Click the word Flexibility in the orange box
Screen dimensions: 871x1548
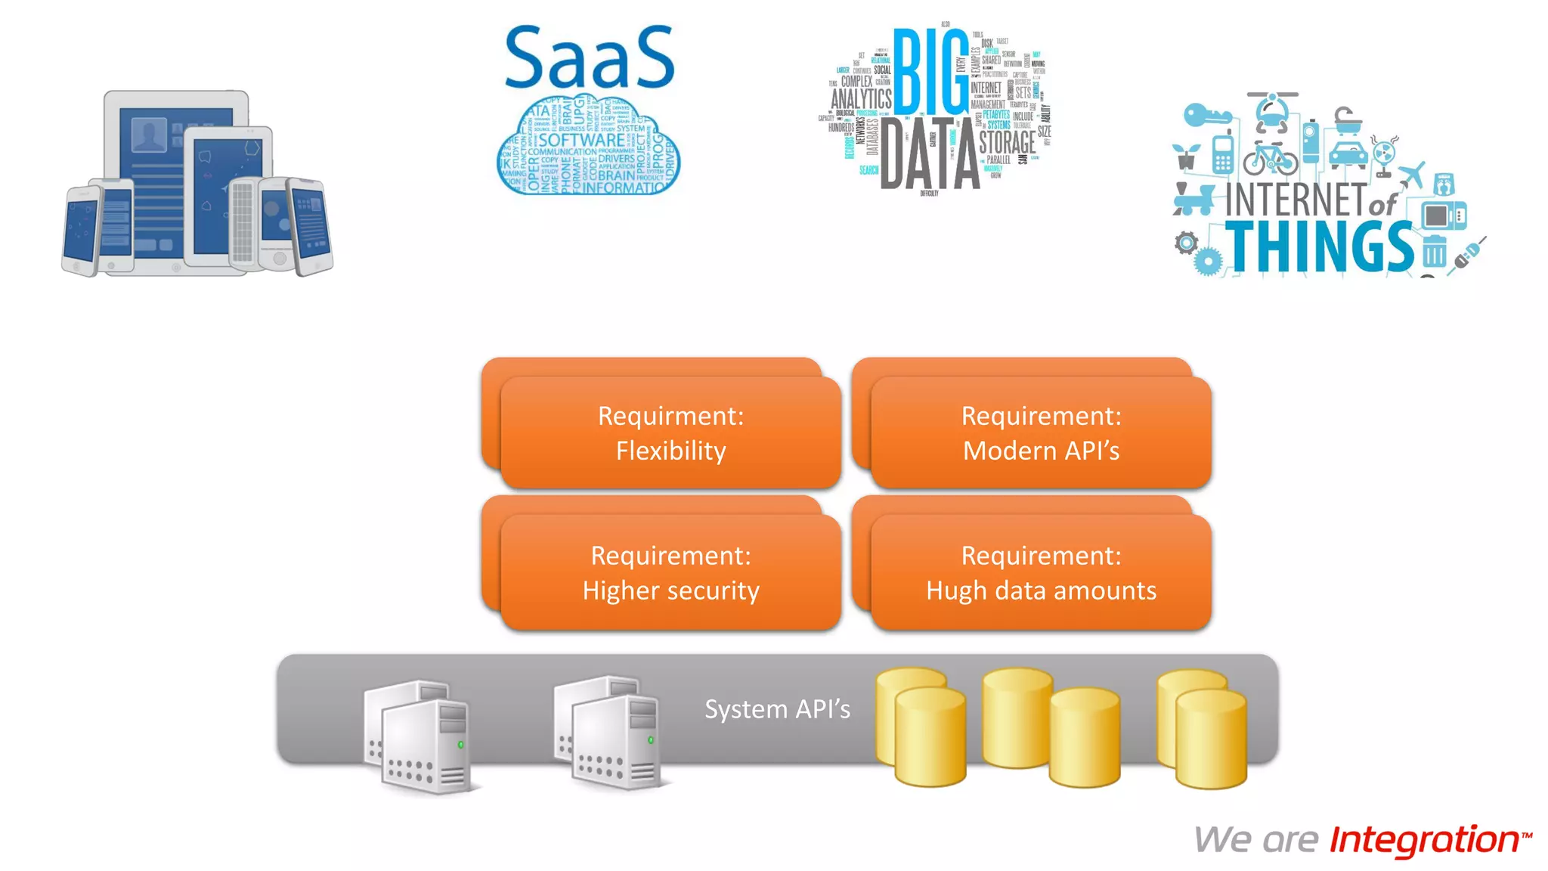[x=670, y=451]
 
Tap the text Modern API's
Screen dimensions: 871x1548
[x=1041, y=451]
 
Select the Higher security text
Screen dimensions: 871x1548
[x=670, y=590]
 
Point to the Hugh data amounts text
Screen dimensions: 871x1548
[x=1041, y=590]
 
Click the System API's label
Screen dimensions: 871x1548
[x=777, y=709]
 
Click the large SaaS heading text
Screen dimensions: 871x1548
[x=589, y=58]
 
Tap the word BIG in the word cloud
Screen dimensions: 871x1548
[x=930, y=72]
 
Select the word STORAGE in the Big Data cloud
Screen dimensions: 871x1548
[x=1007, y=142]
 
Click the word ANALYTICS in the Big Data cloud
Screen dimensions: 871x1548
[x=861, y=99]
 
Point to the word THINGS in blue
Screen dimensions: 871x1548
[x=1319, y=246]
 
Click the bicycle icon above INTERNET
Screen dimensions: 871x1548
[x=1270, y=157]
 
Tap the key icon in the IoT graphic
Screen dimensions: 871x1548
[x=1206, y=116]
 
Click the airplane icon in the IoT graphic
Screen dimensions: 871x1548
[x=1410, y=175]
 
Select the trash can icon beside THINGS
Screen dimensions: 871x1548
[x=1434, y=251]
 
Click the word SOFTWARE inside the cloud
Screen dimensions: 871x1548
[x=581, y=140]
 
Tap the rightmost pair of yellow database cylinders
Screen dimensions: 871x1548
[x=1202, y=729]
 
